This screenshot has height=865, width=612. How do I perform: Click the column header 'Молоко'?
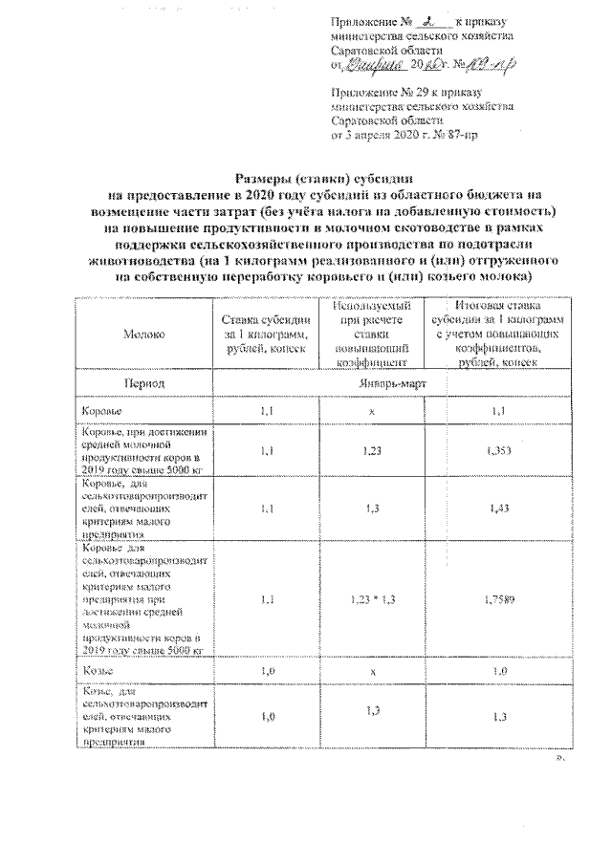(x=142, y=335)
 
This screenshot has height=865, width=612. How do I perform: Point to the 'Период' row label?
(x=141, y=382)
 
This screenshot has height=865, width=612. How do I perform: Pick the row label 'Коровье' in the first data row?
(x=102, y=411)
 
